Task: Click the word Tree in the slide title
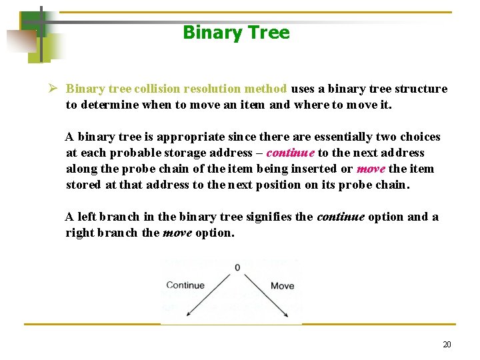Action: pos(269,33)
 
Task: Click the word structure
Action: pos(421,89)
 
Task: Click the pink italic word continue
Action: pos(291,153)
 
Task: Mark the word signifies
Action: pos(269,217)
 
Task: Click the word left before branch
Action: pos(89,217)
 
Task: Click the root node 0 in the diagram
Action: pos(237,268)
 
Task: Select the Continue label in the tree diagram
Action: pos(185,285)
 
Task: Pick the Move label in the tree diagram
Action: pos(282,286)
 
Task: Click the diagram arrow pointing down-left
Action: pos(210,294)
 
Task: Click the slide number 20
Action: pos(447,345)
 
